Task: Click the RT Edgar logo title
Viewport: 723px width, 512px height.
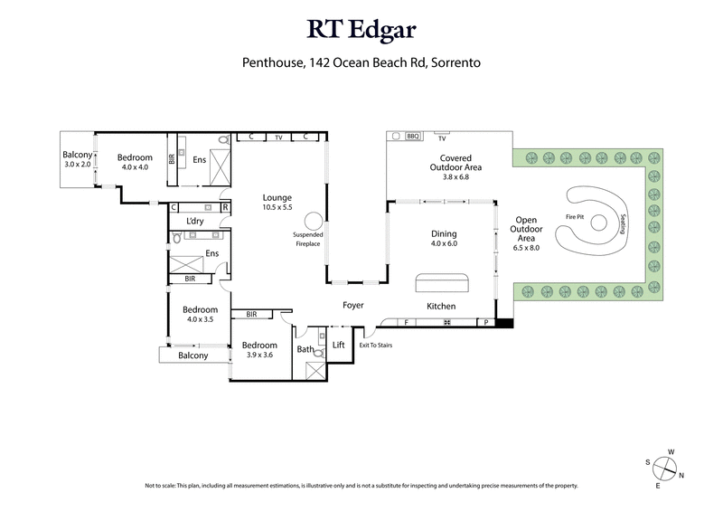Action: coord(361,31)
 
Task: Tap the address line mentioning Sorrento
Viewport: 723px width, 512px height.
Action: coord(361,63)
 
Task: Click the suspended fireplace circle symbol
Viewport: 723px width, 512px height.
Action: coord(313,220)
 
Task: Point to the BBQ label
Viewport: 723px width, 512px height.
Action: coord(414,137)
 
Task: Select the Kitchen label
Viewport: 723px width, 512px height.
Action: coord(442,307)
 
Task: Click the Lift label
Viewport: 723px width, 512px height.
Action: coord(339,345)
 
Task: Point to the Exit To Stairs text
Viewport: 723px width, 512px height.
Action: coord(376,346)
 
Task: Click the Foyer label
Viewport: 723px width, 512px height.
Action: coord(352,306)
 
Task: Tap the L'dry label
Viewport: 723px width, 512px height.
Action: coord(194,222)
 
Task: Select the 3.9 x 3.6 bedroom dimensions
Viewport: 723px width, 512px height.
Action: coord(259,355)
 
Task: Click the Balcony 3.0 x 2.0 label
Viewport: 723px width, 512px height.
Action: coord(78,159)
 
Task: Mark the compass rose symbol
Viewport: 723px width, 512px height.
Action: coord(666,468)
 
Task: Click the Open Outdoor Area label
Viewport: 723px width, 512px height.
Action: coord(525,234)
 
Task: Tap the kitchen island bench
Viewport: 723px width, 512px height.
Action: coord(442,283)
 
